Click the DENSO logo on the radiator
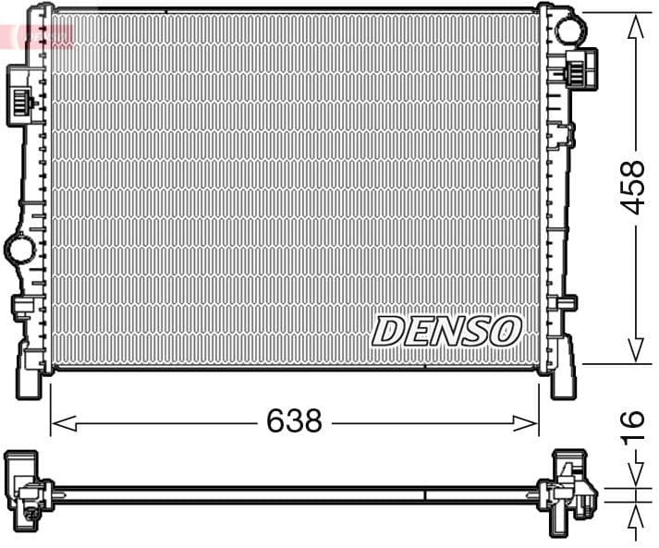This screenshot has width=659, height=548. point(447,331)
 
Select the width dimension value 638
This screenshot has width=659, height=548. point(294,421)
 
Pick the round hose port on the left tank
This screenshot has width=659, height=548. point(18,247)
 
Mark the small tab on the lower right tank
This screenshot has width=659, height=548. point(566,302)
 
